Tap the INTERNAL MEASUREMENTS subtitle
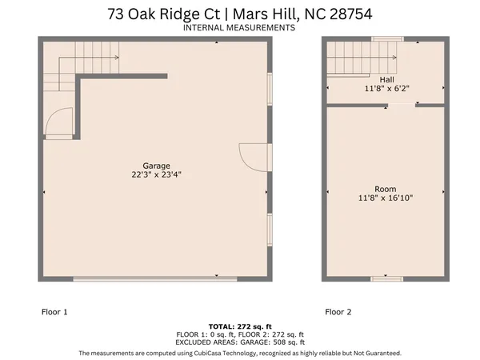pyautogui.click(x=239, y=27)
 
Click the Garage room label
pyautogui.click(x=156, y=166)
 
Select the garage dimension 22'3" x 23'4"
pyautogui.click(x=156, y=174)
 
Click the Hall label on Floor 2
pyautogui.click(x=386, y=80)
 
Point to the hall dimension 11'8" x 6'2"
pyautogui.click(x=386, y=89)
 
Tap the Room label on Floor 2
pyautogui.click(x=386, y=189)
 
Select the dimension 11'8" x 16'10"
pyautogui.click(x=386, y=198)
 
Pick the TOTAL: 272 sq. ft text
pyautogui.click(x=240, y=326)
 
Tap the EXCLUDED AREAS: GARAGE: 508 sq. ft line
pyautogui.click(x=240, y=342)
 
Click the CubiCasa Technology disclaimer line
pyautogui.click(x=240, y=352)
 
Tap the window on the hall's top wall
pyautogui.click(x=386, y=39)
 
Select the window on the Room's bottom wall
pyautogui.click(x=386, y=278)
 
